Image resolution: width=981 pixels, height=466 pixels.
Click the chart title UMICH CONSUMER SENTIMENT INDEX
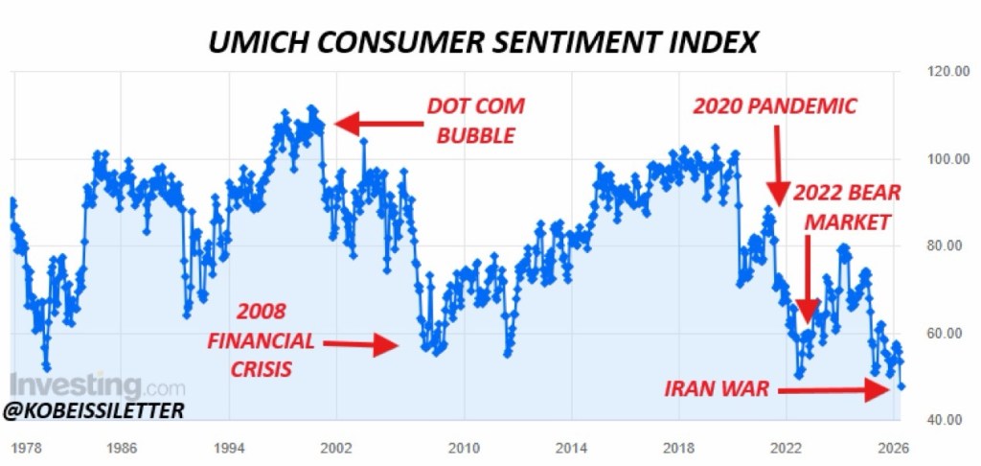[x=485, y=42]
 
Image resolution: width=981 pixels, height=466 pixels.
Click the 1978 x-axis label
[x=26, y=447]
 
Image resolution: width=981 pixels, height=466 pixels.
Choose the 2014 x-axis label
[x=573, y=447]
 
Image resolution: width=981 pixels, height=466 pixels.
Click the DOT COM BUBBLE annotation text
[x=475, y=120]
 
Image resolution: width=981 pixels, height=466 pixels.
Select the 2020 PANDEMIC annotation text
[x=774, y=105]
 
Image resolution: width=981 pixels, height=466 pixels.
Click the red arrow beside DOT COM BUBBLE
[x=375, y=123]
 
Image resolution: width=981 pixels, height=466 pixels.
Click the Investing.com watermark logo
[x=97, y=387]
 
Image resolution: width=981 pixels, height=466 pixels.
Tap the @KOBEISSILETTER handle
[x=93, y=410]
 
